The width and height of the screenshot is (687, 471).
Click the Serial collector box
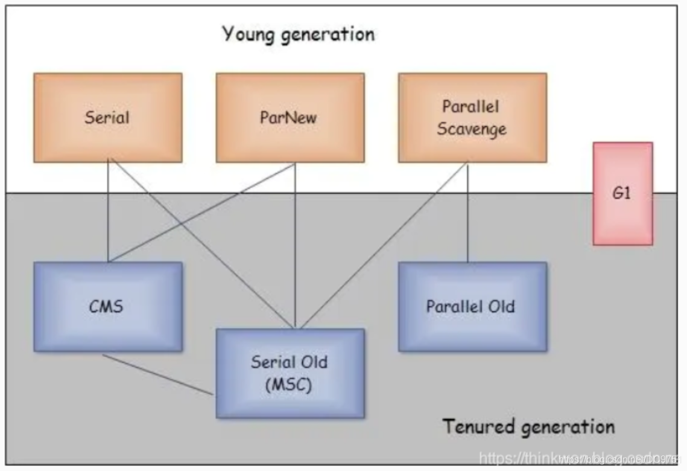pos(107,117)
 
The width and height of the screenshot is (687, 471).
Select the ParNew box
pos(290,117)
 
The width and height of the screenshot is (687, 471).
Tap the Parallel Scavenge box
pos(472,117)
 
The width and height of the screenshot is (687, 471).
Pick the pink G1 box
pos(622,193)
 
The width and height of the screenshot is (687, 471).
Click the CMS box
pos(107,306)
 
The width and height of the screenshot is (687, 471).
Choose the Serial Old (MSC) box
pos(290,373)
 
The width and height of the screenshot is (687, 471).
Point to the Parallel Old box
pos(472,306)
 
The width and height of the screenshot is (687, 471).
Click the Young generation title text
pos(299,33)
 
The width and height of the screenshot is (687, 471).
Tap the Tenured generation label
pos(528,427)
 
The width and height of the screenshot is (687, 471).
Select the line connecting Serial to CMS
pos(109,211)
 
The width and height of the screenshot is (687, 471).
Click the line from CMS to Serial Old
pos(157,374)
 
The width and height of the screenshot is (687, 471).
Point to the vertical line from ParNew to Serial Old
pos(295,242)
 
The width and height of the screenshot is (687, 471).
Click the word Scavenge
pos(472,129)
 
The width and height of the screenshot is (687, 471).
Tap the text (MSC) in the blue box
pos(290,385)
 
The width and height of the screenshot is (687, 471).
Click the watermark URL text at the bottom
pos(579,459)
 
